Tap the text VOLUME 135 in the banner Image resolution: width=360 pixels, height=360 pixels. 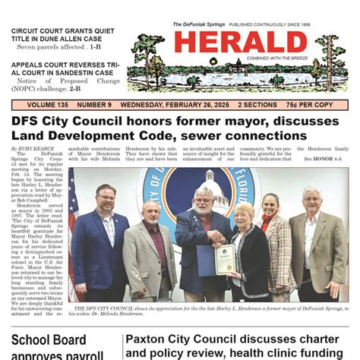(x=38, y=104)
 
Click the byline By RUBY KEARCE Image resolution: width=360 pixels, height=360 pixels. (x=32, y=148)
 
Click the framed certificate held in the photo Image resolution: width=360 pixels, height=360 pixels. (x=224, y=260)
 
